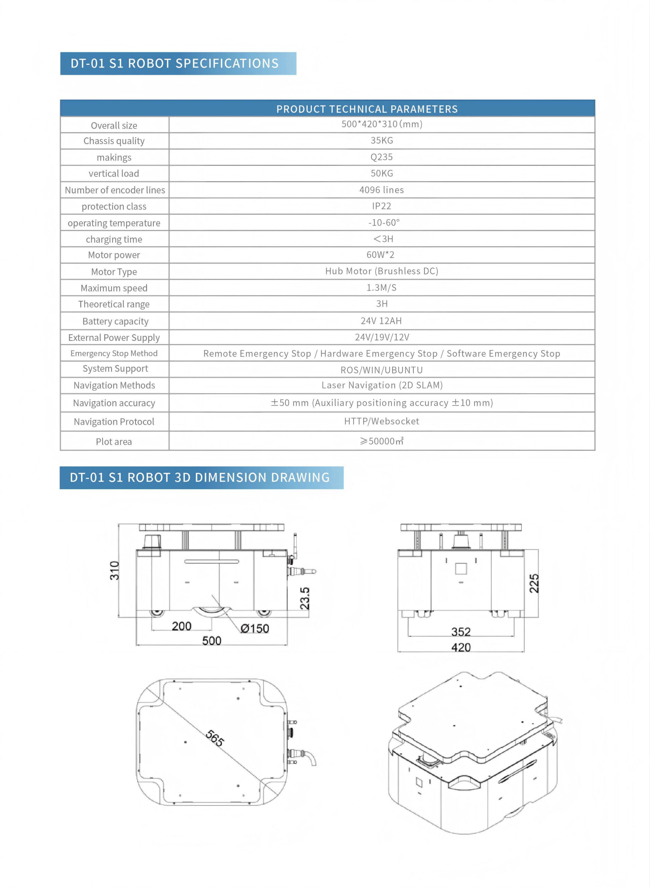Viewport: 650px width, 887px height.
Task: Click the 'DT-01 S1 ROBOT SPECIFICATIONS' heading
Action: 174,63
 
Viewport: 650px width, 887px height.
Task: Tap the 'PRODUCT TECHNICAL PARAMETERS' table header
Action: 367,109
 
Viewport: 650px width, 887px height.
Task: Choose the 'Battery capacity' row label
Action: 115,322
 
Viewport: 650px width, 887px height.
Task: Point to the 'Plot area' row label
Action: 114,442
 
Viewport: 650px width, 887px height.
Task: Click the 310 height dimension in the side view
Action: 114,570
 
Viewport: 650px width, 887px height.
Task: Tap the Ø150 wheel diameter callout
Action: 255,629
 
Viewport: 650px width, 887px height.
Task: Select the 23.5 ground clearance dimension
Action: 305,598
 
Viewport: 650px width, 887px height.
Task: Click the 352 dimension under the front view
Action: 461,632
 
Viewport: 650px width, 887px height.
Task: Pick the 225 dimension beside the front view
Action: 534,583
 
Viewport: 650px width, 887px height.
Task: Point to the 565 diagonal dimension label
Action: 215,738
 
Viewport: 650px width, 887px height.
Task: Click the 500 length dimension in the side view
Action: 212,641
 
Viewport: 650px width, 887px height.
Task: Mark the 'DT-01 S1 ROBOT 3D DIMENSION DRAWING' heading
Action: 200,477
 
